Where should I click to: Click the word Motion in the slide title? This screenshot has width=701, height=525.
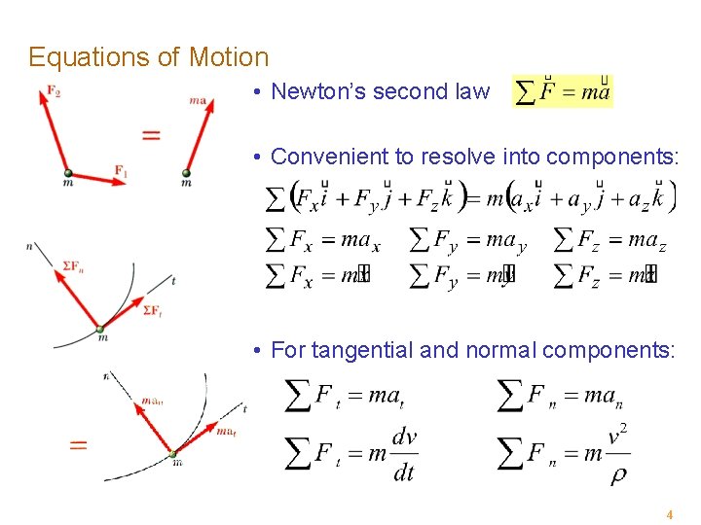229,57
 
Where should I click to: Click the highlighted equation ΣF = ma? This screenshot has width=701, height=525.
562,92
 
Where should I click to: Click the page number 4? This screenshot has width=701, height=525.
669,513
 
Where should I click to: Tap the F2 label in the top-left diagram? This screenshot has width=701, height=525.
53,92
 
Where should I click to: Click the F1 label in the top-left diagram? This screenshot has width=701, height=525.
121,171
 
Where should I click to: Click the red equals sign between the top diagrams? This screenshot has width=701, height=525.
151,135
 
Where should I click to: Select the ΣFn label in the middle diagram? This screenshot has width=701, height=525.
71,265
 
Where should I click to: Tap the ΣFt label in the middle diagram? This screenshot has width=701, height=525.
152,310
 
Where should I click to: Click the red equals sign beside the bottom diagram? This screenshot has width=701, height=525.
78,444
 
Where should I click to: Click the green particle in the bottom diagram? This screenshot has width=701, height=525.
173,453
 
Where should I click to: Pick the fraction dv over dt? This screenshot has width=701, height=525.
403,454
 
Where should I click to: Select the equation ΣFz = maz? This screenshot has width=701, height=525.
609,239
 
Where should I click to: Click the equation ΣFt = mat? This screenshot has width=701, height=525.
344,396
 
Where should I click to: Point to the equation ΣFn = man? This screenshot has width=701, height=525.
561,396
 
